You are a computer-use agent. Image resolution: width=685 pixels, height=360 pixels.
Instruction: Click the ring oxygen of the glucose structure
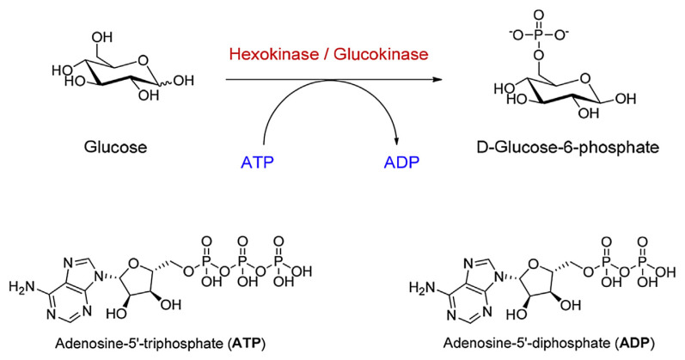click(144, 60)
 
